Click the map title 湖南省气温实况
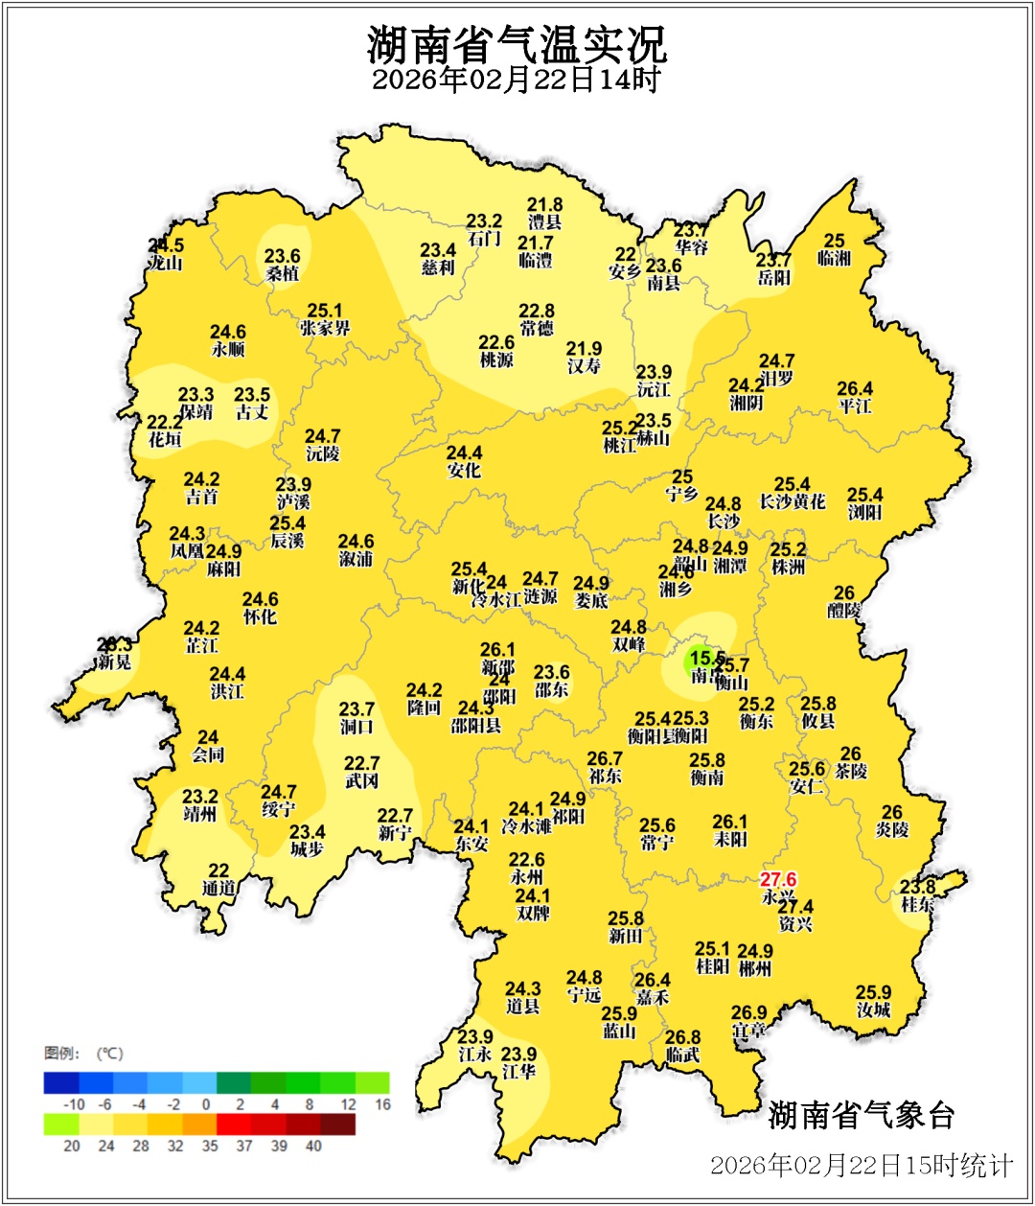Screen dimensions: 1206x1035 (x=517, y=43)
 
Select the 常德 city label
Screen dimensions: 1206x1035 (x=537, y=329)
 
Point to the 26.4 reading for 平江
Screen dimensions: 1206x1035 (x=855, y=389)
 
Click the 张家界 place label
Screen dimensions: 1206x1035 (x=325, y=328)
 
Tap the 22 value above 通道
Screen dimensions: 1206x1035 (x=218, y=870)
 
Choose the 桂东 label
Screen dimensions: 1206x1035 (x=918, y=904)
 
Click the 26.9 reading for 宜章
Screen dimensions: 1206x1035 (x=748, y=1012)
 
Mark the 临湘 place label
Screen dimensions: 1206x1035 (x=834, y=259)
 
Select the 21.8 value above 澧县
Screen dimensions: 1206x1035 (x=544, y=205)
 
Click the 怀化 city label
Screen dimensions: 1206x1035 (x=260, y=617)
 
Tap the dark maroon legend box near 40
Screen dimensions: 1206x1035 (x=337, y=1124)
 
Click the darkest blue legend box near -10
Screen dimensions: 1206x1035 (x=60, y=1082)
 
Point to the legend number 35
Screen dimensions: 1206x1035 (x=209, y=1146)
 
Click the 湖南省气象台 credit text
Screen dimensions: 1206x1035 (x=862, y=1115)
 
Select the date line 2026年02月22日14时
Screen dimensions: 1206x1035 (x=517, y=80)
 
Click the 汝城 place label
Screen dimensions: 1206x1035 (x=873, y=1009)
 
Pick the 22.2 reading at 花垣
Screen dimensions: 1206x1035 (x=165, y=423)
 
